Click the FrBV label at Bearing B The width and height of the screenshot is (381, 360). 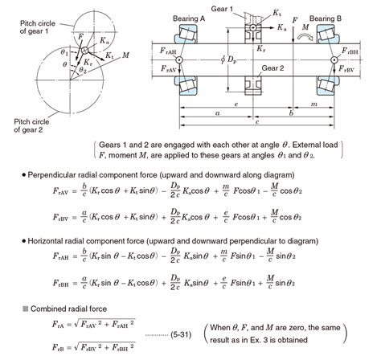tap(353, 72)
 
